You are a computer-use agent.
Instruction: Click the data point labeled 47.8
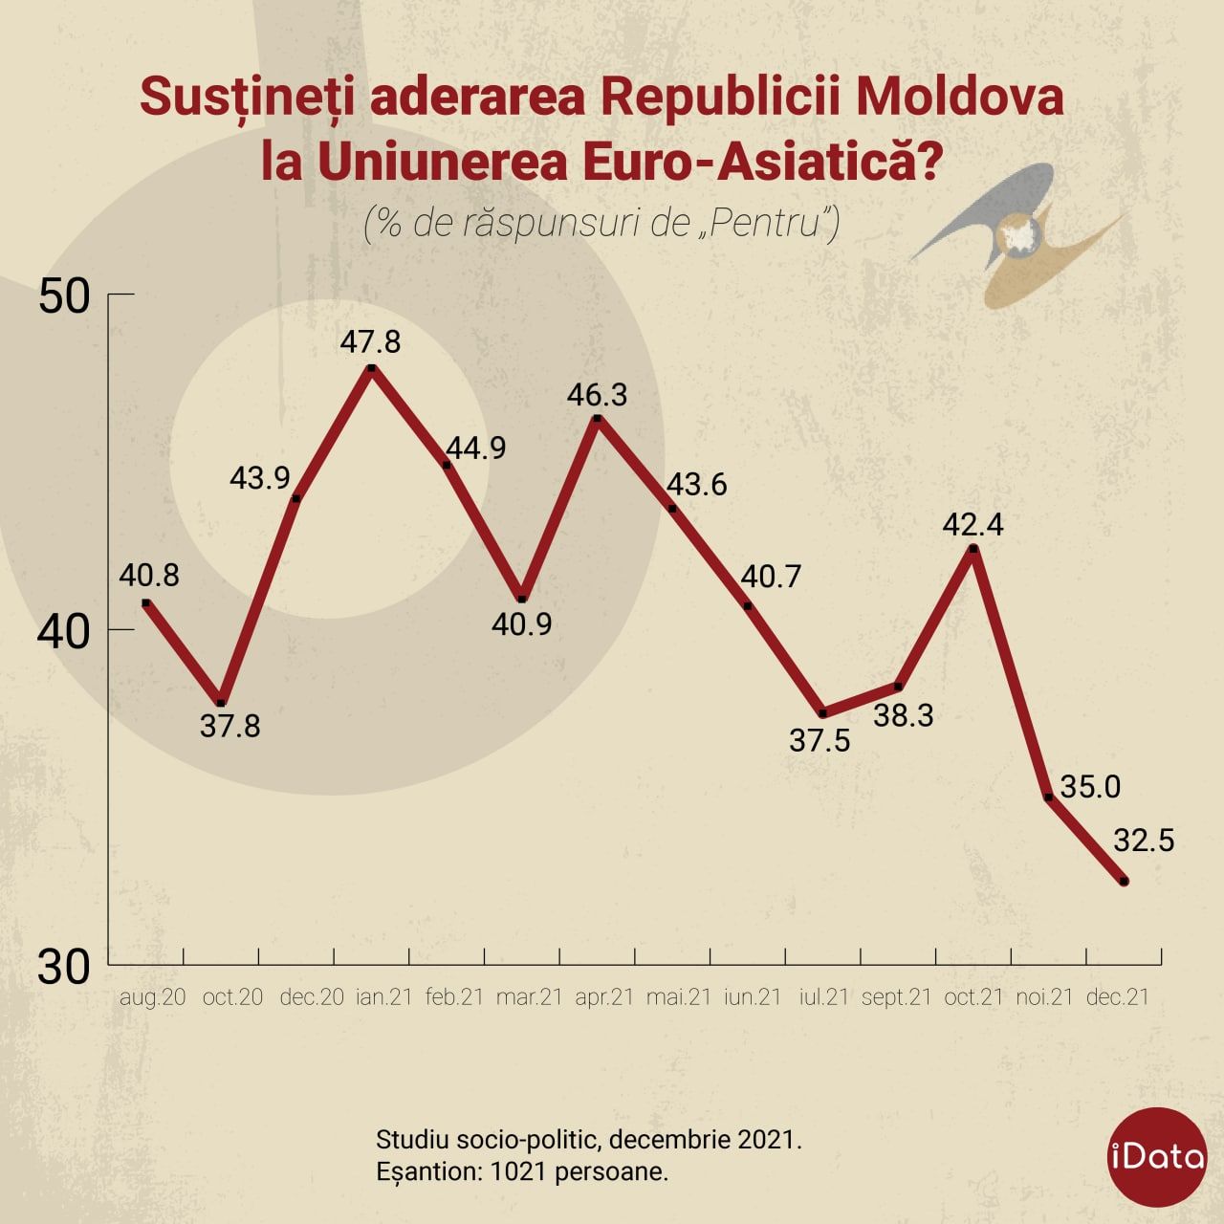tap(371, 367)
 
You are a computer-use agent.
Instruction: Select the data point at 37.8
tap(221, 703)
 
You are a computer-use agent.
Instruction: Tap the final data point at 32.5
tap(1124, 882)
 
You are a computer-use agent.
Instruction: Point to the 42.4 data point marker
tap(973, 549)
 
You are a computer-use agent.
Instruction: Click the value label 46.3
tap(597, 395)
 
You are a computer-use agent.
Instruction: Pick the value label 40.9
tap(521, 624)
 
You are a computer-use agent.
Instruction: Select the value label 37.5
tap(820, 740)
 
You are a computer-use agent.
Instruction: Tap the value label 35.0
tap(1090, 787)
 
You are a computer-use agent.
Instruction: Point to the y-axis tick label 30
tap(64, 968)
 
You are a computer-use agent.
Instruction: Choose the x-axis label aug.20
tap(152, 996)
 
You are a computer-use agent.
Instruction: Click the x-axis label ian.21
tap(383, 996)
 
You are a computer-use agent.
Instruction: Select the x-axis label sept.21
tap(896, 996)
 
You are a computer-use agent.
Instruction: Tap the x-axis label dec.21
tap(1118, 996)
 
